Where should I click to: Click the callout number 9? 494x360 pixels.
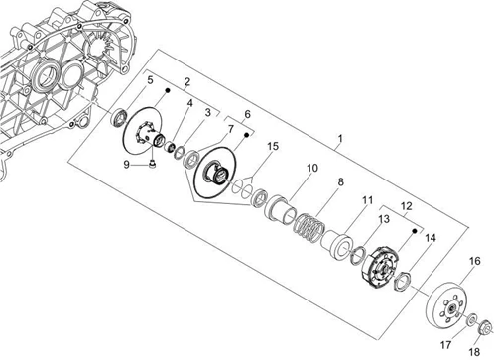[x=126, y=164]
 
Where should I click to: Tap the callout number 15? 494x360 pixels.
[x=273, y=146]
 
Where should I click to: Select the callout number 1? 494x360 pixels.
[x=340, y=138]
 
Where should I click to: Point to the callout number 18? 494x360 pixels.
[x=474, y=352]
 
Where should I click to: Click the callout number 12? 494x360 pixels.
[x=407, y=206]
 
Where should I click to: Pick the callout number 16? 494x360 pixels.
[x=475, y=261]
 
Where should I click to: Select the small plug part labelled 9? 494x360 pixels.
[x=153, y=164]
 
